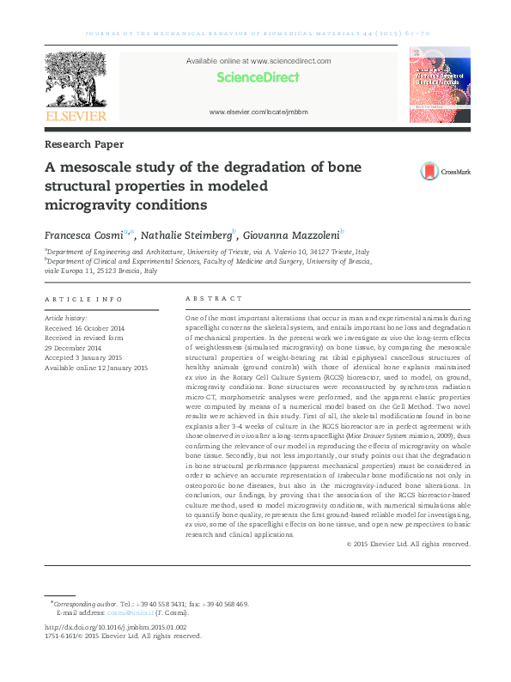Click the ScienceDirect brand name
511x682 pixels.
tap(258, 77)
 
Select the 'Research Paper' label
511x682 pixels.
tap(83, 144)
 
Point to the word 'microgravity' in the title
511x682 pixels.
tap(82, 205)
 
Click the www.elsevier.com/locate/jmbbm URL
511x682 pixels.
tap(258, 113)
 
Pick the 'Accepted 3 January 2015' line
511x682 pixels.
tap(83, 357)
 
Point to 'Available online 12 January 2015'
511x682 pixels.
tap(96, 368)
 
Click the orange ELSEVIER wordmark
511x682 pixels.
tap(76, 116)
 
